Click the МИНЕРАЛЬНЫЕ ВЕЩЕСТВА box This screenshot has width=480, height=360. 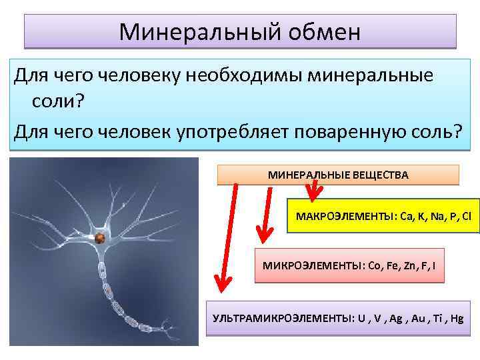(338, 175)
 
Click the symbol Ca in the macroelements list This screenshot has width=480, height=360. (405, 216)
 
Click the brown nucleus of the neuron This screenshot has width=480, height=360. (99, 238)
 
